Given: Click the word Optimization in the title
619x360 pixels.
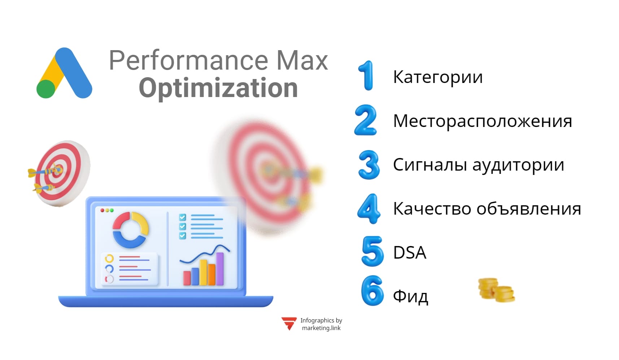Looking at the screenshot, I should pos(218,88).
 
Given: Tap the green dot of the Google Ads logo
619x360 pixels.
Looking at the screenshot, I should pos(46,89).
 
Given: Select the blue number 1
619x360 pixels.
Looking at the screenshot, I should pos(367,75).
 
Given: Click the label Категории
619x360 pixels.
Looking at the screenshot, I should pos(437,77).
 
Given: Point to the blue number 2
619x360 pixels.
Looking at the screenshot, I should pos(366,120).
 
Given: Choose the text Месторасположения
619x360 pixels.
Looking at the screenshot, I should pos(482,121).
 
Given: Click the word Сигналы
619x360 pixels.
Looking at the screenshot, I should pos(430,165).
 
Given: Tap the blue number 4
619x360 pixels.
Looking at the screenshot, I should pos(369,208).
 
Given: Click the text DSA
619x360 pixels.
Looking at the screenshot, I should pos(409,253).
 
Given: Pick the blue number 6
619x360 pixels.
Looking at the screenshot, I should pos(372,291).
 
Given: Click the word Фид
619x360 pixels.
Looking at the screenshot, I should pos(410,297).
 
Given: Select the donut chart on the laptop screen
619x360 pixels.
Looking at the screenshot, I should pos(130,230).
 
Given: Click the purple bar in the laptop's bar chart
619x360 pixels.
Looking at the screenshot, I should pos(219,269).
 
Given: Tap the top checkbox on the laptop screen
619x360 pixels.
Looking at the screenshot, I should pos(182,217).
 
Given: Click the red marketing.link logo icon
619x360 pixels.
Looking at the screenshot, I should pos(289,323).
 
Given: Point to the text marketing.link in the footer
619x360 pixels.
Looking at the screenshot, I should pos(321,328).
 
